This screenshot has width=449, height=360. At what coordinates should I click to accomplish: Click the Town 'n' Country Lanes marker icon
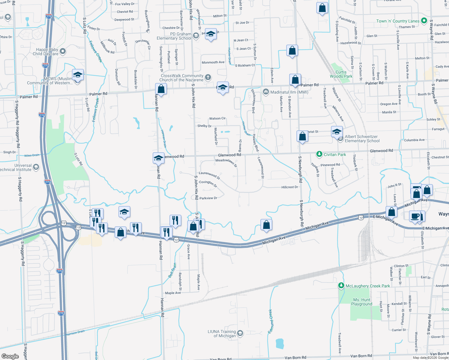tap(424, 21)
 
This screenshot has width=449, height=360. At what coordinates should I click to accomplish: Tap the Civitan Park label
tap(335, 154)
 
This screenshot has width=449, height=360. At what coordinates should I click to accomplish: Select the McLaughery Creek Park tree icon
tap(341, 286)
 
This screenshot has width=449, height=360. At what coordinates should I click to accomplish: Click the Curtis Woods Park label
tap(341, 74)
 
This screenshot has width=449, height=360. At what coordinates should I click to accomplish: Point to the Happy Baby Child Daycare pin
tap(63, 51)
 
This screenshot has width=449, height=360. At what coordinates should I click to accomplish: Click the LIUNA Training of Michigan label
tap(222, 334)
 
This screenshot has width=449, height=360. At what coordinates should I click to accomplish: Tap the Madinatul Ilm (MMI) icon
tap(266, 92)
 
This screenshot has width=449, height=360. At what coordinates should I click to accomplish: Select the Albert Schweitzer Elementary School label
tap(362, 139)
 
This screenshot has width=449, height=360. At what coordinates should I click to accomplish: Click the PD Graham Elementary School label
tap(174, 36)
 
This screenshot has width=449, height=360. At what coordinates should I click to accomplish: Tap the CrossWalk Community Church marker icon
tap(208, 78)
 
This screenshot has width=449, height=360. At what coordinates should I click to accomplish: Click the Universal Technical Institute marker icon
tap(36, 167)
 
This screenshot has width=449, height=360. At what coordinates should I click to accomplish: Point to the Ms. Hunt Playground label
tap(362, 302)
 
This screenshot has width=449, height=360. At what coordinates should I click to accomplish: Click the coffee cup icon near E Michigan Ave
tap(415, 216)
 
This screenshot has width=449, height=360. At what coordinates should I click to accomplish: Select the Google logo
tap(10, 356)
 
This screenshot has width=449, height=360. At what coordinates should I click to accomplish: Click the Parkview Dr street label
tap(208, 198)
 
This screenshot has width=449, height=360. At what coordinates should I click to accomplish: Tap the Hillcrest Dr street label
tap(290, 187)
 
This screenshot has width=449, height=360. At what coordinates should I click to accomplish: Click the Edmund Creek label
tap(271, 321)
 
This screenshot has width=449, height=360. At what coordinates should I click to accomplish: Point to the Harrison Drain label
tap(75, 333)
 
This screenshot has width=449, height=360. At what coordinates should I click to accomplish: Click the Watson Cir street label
tap(217, 118)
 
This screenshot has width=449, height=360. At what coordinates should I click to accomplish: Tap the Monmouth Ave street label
tap(213, 62)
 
